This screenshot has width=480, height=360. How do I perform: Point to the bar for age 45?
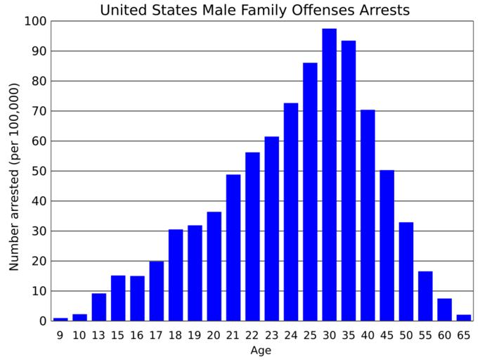387,245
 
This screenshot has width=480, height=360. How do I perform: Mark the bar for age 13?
99,307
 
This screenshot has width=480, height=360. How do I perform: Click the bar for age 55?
425,296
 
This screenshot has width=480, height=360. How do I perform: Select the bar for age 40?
368,215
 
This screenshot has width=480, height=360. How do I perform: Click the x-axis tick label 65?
463,335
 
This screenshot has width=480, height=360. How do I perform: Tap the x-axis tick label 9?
60,335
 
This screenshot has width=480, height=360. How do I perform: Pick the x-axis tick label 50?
406,335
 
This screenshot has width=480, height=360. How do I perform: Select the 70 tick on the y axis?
39,111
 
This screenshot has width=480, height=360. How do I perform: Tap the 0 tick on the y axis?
43,321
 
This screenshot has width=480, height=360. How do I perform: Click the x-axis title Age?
261,350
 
